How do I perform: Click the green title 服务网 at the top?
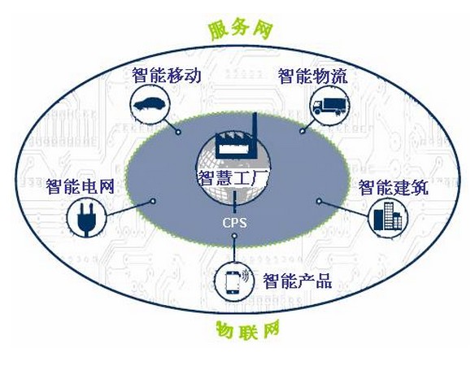pos(241,30)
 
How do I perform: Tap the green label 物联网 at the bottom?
pos(247,330)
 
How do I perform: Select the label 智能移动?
pos(167,75)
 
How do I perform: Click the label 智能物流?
pos(313,76)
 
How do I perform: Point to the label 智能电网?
pos(81,186)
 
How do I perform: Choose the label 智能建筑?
pos(394,187)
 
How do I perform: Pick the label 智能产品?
pos(298,281)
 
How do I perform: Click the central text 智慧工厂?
pos(233,178)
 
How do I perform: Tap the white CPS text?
pos(234,223)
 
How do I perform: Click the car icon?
pos(150,104)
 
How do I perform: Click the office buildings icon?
pos(388,216)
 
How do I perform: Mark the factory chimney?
pos(255,135)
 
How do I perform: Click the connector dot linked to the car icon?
pos(179,132)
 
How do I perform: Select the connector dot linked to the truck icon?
pos(302,131)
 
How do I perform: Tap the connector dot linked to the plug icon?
pos(153,201)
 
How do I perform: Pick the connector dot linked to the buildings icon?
pos(319,201)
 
